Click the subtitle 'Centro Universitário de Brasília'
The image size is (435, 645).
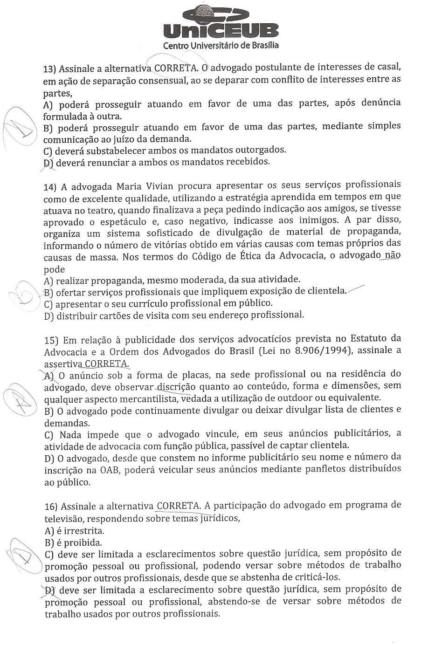click(x=221, y=46)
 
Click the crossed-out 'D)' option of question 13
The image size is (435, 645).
click(x=48, y=162)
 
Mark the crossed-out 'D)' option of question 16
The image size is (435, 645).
click(x=49, y=590)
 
